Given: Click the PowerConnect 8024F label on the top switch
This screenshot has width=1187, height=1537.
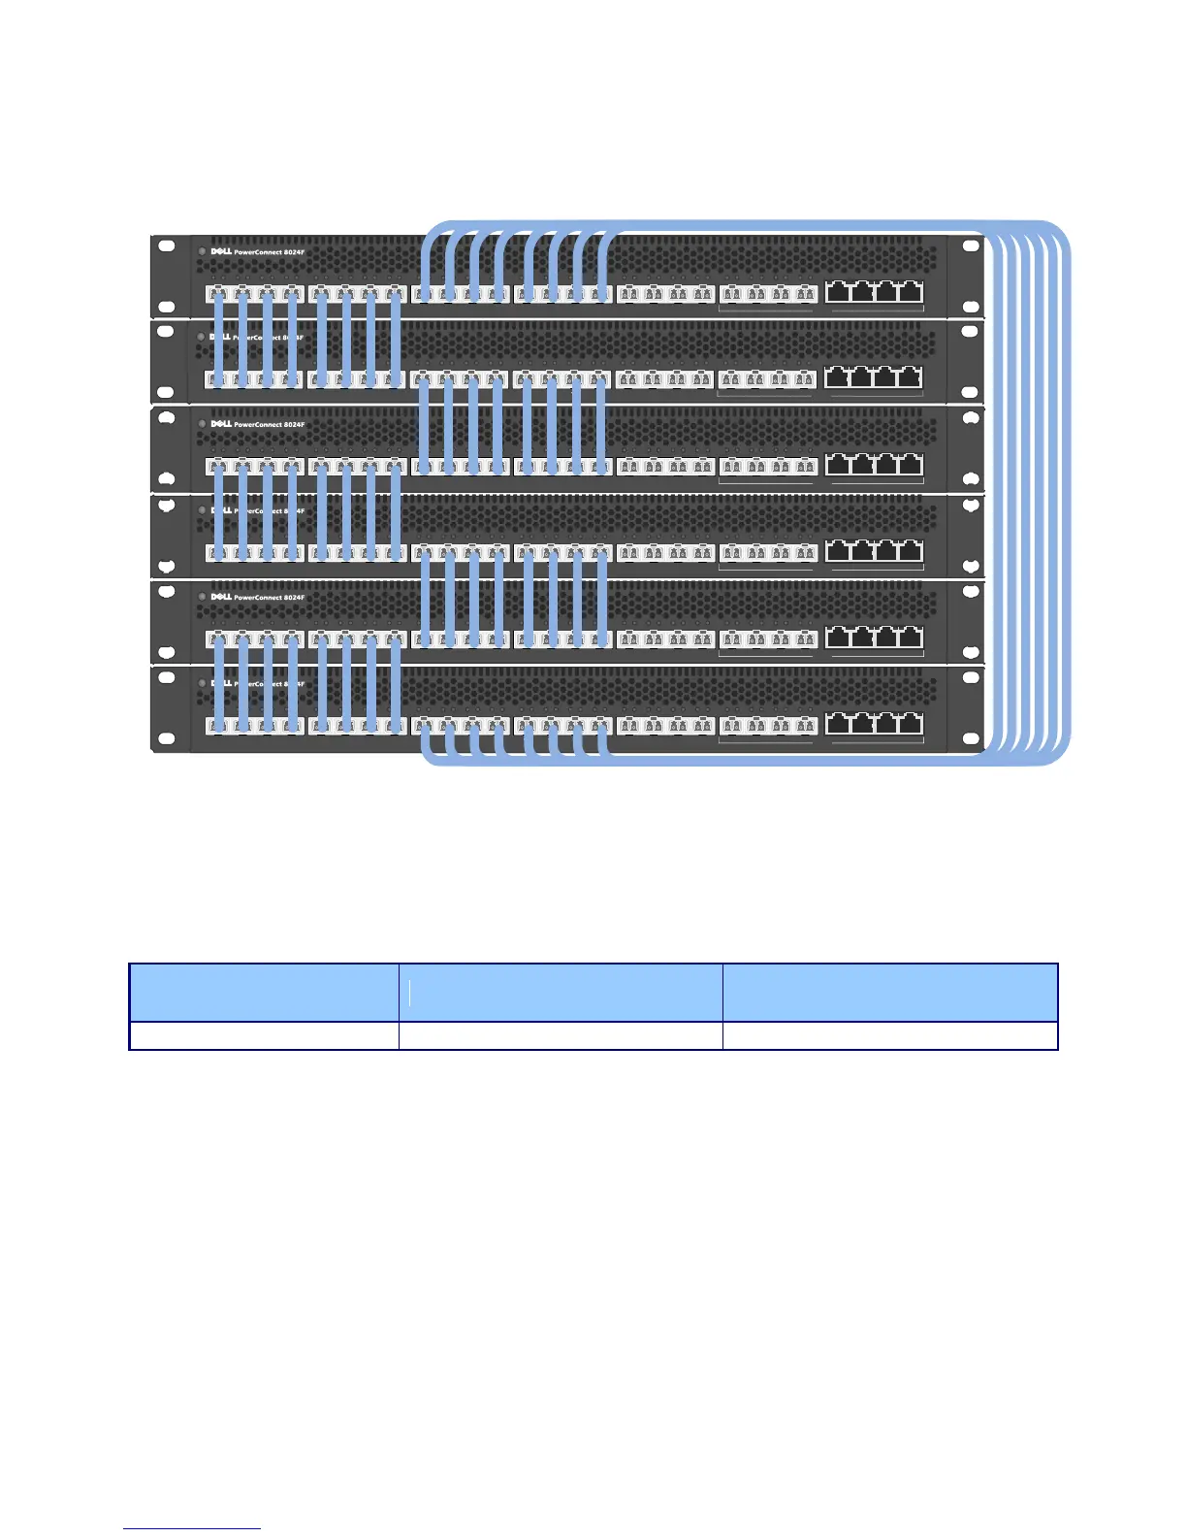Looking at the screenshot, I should [269, 252].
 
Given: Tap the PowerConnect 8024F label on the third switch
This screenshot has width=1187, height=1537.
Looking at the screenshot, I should [269, 425].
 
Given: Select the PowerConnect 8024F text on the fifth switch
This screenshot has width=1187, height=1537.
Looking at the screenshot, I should [269, 598].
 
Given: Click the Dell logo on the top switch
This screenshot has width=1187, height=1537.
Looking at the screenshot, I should [221, 251].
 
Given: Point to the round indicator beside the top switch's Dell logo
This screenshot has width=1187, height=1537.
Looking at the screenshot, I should [202, 252].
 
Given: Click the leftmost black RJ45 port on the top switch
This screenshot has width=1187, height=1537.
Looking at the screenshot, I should [838, 292].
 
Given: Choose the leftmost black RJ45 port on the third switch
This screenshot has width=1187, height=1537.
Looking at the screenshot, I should [838, 465].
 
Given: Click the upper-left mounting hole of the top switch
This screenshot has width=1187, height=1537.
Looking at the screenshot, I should [166, 245].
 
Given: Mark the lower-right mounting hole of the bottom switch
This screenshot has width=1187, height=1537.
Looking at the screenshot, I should [971, 740].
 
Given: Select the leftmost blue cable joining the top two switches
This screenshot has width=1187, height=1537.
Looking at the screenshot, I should [218, 336].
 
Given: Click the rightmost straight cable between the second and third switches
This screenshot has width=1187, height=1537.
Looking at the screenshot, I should [600, 424].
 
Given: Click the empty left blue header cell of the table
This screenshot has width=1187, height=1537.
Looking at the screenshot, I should [264, 993].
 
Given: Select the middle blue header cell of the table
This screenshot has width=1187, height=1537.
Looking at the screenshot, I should [561, 993].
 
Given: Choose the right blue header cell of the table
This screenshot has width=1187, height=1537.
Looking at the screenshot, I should [889, 993].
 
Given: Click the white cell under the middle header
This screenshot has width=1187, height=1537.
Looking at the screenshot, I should [561, 1036].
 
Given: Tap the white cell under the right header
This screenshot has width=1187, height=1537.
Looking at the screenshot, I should [889, 1036].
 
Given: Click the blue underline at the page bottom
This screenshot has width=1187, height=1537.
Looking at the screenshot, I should [192, 1529].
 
